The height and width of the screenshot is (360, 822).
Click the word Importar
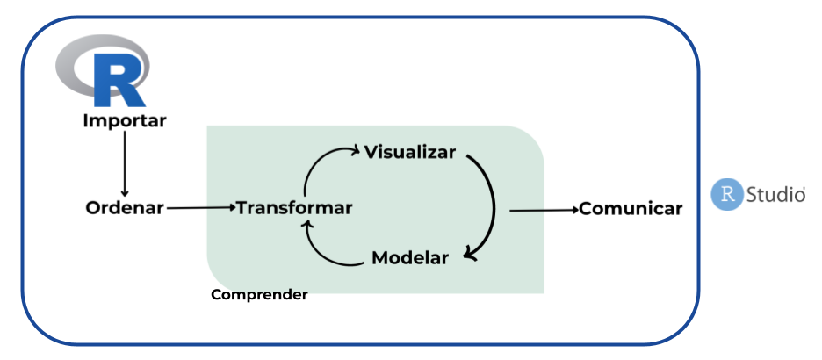coord(124,120)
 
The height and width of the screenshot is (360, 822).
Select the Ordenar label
coord(125,208)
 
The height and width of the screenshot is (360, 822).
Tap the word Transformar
coord(294,208)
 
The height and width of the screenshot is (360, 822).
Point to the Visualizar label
coord(410,152)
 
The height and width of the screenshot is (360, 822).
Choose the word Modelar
coord(410,257)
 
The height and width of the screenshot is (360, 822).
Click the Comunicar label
coord(631,209)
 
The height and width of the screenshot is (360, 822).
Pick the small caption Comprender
coord(259,295)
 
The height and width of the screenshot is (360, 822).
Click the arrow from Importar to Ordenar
coord(124,162)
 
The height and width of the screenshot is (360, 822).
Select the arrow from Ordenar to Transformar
coord(200,208)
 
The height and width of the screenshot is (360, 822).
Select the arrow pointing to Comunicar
coord(543,210)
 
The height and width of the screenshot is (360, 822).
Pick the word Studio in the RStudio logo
coord(775,194)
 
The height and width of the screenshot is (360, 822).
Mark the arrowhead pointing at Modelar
coord(470,255)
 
